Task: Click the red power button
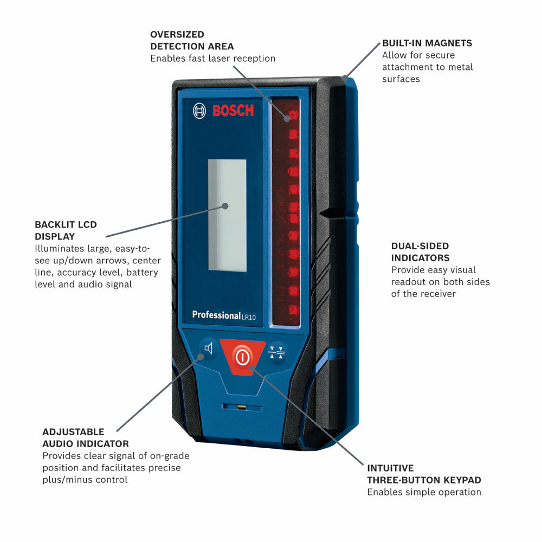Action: click(x=242, y=357)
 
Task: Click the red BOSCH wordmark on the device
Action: click(x=233, y=111)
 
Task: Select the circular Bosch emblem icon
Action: click(x=199, y=111)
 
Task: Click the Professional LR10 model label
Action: click(x=223, y=315)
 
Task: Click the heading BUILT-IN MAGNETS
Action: click(x=427, y=43)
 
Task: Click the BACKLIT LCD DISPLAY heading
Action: click(x=66, y=230)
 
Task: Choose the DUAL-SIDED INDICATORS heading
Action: click(x=420, y=252)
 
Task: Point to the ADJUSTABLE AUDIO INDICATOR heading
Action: click(x=86, y=437)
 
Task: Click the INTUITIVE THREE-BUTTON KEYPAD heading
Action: click(x=424, y=474)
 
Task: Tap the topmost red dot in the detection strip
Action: click(x=293, y=114)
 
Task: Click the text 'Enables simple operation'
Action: click(x=424, y=492)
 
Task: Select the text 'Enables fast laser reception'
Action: click(x=212, y=59)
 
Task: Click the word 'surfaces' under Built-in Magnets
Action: click(x=401, y=79)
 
